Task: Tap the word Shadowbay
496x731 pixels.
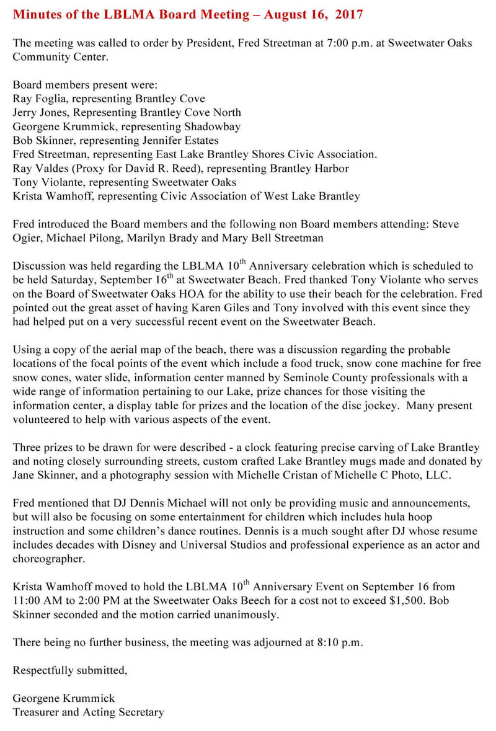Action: coord(217,126)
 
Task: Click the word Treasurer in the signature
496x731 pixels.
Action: coord(36,712)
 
